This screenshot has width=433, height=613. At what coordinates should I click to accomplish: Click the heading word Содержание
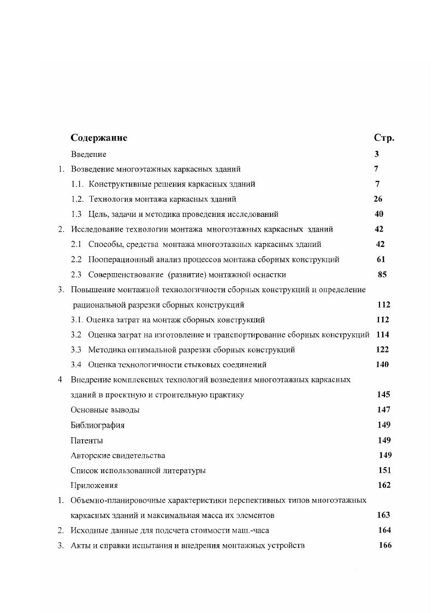coord(99,138)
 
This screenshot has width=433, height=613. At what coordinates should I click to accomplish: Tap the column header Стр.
coord(384,138)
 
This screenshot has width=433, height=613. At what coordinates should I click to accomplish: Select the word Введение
coord(88,155)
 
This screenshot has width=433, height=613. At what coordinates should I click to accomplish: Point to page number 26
coord(378,199)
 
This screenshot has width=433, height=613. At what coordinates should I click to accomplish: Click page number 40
coord(379,214)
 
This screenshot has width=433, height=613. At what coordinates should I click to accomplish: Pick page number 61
coord(381,259)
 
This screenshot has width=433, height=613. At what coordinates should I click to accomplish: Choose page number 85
coord(382,274)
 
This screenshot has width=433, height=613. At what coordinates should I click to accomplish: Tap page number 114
coord(382,334)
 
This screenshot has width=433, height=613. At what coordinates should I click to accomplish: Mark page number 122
coord(382,349)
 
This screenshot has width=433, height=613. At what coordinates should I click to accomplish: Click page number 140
coord(382,364)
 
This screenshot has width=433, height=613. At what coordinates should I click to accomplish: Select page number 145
coord(383,394)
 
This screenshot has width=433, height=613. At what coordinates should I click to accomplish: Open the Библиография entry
coord(98,425)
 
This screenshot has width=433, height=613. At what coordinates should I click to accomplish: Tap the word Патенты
coord(87,440)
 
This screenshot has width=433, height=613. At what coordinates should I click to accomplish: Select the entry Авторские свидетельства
coord(118,455)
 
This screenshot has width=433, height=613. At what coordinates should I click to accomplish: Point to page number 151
coord(384,470)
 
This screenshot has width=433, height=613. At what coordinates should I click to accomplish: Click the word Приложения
coord(94,485)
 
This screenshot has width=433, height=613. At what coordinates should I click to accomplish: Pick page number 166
coord(385,545)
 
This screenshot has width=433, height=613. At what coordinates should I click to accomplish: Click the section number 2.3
coord(76,274)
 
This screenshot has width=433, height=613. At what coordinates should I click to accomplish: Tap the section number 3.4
coord(76,364)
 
